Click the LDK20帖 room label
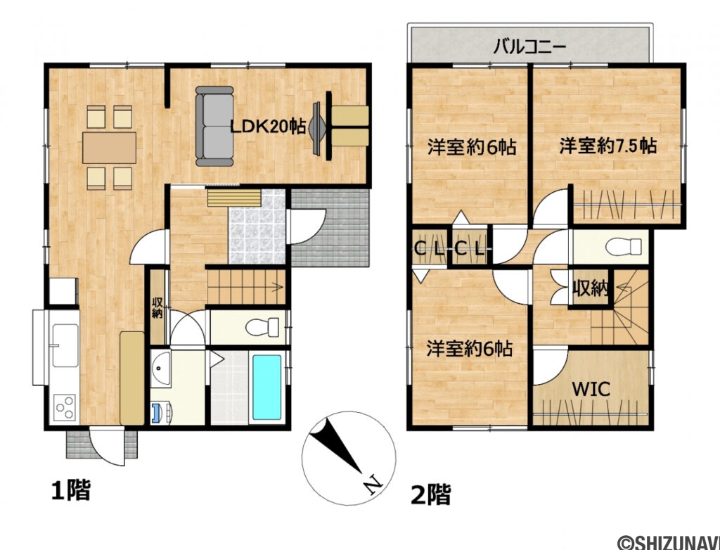[x=268, y=127]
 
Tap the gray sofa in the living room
[x=214, y=127]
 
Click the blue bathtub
[x=267, y=385]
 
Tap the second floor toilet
[x=623, y=247]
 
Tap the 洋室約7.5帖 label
[x=607, y=146]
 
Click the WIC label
[x=590, y=388]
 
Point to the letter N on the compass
[x=372, y=483]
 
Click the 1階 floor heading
[x=70, y=490]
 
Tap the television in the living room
[x=318, y=127]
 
